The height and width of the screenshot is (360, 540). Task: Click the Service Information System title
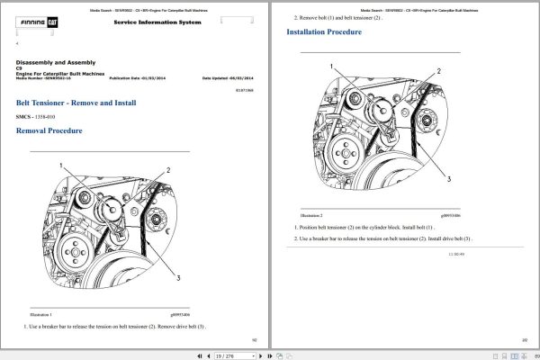tap(158, 22)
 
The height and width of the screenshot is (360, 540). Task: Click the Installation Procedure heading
tap(324, 32)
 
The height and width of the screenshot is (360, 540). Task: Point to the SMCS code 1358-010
tap(40, 117)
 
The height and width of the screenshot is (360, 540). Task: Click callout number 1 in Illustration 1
tap(62, 166)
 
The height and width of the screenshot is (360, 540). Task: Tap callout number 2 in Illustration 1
tap(168, 169)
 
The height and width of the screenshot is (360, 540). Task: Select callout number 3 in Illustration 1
tap(179, 277)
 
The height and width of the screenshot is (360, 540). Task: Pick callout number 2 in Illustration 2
tap(438, 70)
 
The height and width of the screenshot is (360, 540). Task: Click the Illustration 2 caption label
tap(310, 216)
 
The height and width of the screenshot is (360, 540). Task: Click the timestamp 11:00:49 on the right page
tap(456, 255)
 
